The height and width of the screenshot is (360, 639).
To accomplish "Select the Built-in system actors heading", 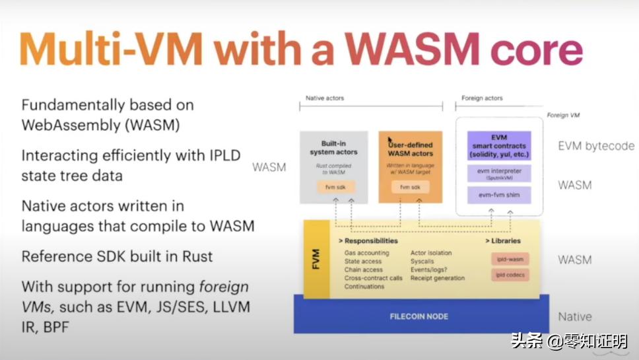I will point(334,147).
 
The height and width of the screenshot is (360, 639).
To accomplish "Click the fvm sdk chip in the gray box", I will point(335,188).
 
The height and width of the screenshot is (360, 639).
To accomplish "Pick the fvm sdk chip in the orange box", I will point(410,188).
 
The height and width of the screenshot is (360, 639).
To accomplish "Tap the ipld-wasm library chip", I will point(509,260).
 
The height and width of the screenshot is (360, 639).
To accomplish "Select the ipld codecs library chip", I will point(509,274).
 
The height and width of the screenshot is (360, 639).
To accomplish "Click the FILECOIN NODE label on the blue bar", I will point(419,316).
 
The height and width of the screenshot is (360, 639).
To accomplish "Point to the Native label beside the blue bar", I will point(575,316).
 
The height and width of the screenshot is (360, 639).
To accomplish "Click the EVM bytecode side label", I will point(596,146).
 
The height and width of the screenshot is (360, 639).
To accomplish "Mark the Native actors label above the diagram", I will point(325,98).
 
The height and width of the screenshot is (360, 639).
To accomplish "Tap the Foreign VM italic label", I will point(562,115).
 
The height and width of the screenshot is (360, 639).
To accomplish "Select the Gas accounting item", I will point(366,253).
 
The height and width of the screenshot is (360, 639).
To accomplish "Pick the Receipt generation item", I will point(437,278).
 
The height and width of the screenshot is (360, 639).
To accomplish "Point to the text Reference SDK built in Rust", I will point(118,256).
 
